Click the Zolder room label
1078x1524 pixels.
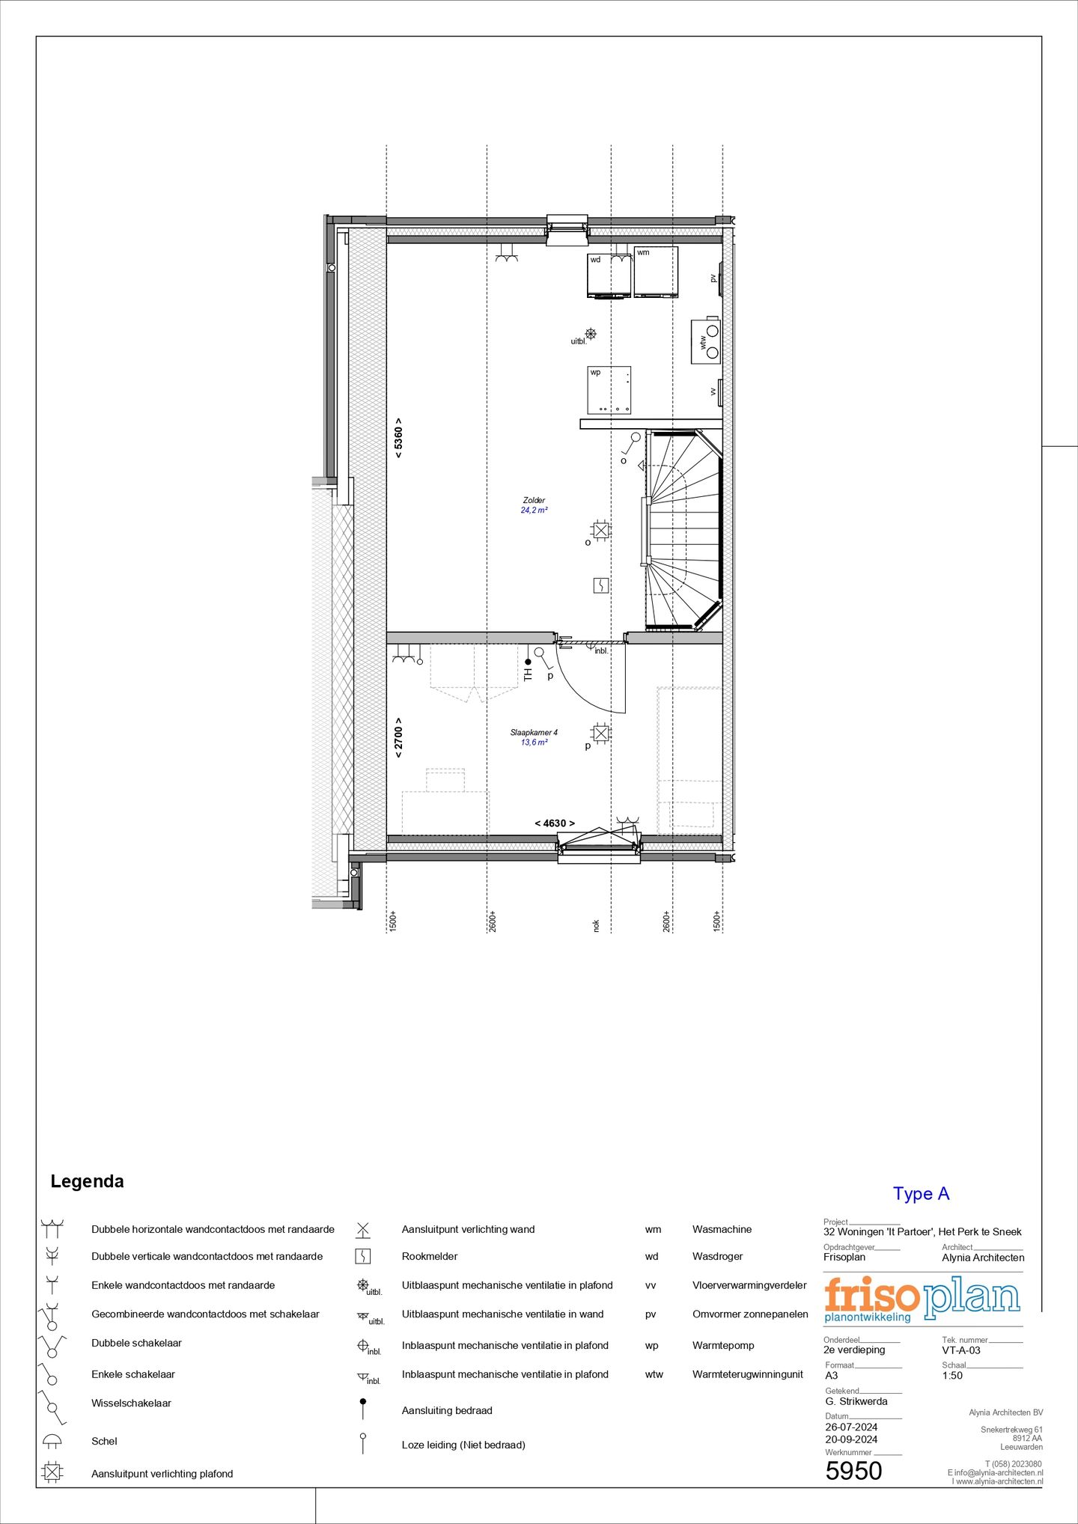point(534,500)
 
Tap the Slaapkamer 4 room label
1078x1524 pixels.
point(534,733)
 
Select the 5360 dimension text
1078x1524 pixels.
point(398,438)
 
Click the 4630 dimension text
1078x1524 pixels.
point(555,823)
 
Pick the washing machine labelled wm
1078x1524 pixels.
point(656,272)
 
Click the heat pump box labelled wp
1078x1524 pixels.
point(609,390)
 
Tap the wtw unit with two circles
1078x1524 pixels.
point(706,341)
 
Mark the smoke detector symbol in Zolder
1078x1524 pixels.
point(601,585)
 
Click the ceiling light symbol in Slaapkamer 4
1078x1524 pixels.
point(600,733)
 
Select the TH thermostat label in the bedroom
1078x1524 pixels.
point(528,674)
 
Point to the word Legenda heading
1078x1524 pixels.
point(87,1181)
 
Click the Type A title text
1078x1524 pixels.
point(921,1194)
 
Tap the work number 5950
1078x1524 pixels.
point(853,1471)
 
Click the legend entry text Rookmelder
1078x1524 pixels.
point(429,1256)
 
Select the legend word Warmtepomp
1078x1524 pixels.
point(722,1345)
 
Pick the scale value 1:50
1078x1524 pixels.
point(952,1375)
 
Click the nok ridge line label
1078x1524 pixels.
point(597,926)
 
